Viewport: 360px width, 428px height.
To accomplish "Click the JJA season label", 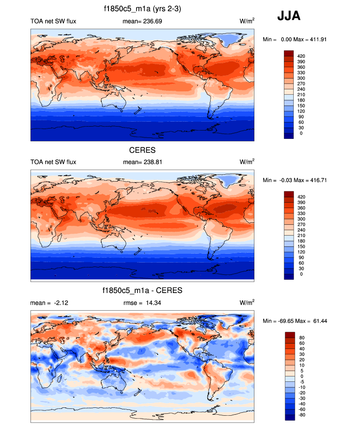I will [x=289, y=16].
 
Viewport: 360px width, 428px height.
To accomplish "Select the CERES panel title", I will [x=142, y=149].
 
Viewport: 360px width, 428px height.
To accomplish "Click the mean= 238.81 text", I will [x=142, y=161].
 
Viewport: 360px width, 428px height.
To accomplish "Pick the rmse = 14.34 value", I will [x=142, y=303].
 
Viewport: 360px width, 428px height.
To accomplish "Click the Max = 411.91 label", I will [x=311, y=39].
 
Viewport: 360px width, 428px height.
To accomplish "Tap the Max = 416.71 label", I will [x=311, y=180].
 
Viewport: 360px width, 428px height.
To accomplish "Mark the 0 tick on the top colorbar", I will [x=301, y=133].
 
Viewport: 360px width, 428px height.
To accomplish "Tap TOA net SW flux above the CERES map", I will [x=53, y=161].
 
